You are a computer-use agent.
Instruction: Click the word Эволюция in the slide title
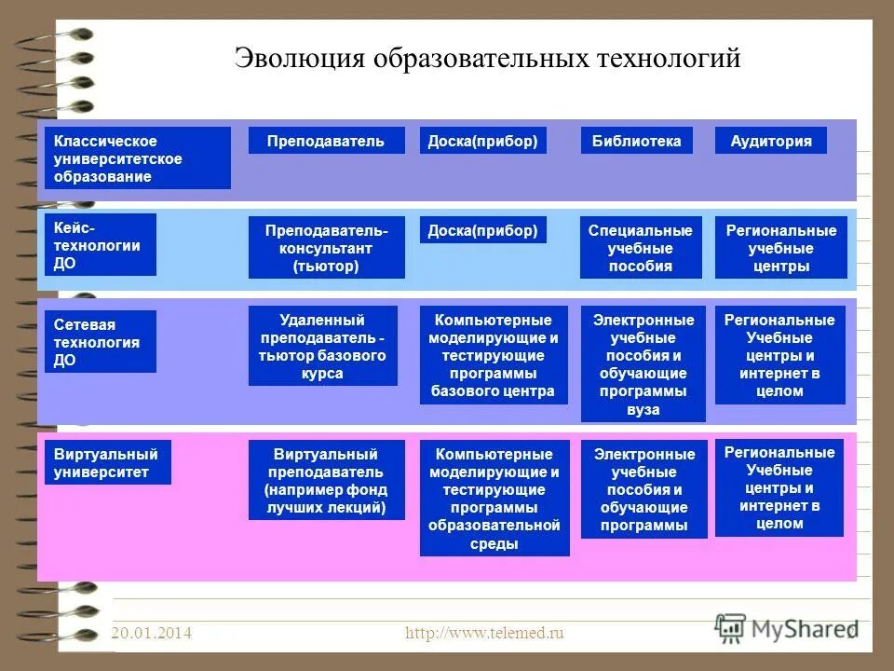[298, 59]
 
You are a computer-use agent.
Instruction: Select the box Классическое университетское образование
[137, 158]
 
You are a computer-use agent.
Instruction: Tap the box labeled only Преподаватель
[326, 141]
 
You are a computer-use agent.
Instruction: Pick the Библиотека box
[636, 141]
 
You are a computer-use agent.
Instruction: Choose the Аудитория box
[770, 141]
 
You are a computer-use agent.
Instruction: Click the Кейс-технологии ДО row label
[100, 245]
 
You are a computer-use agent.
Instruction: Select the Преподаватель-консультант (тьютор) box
[326, 248]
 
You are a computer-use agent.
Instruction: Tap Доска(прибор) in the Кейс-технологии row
[482, 230]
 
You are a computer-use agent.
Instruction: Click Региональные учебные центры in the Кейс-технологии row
[780, 248]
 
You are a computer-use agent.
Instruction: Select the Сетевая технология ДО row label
[100, 342]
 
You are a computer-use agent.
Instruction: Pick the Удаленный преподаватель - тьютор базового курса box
[322, 346]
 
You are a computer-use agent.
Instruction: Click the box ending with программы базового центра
[494, 355]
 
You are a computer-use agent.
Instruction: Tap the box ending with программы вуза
[643, 363]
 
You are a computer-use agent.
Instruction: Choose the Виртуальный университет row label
[107, 462]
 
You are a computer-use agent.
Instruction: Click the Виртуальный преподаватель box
[326, 480]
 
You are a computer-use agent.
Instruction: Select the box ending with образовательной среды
[494, 498]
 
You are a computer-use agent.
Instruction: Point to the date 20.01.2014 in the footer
[151, 634]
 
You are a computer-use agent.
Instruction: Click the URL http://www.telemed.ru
[484, 634]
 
